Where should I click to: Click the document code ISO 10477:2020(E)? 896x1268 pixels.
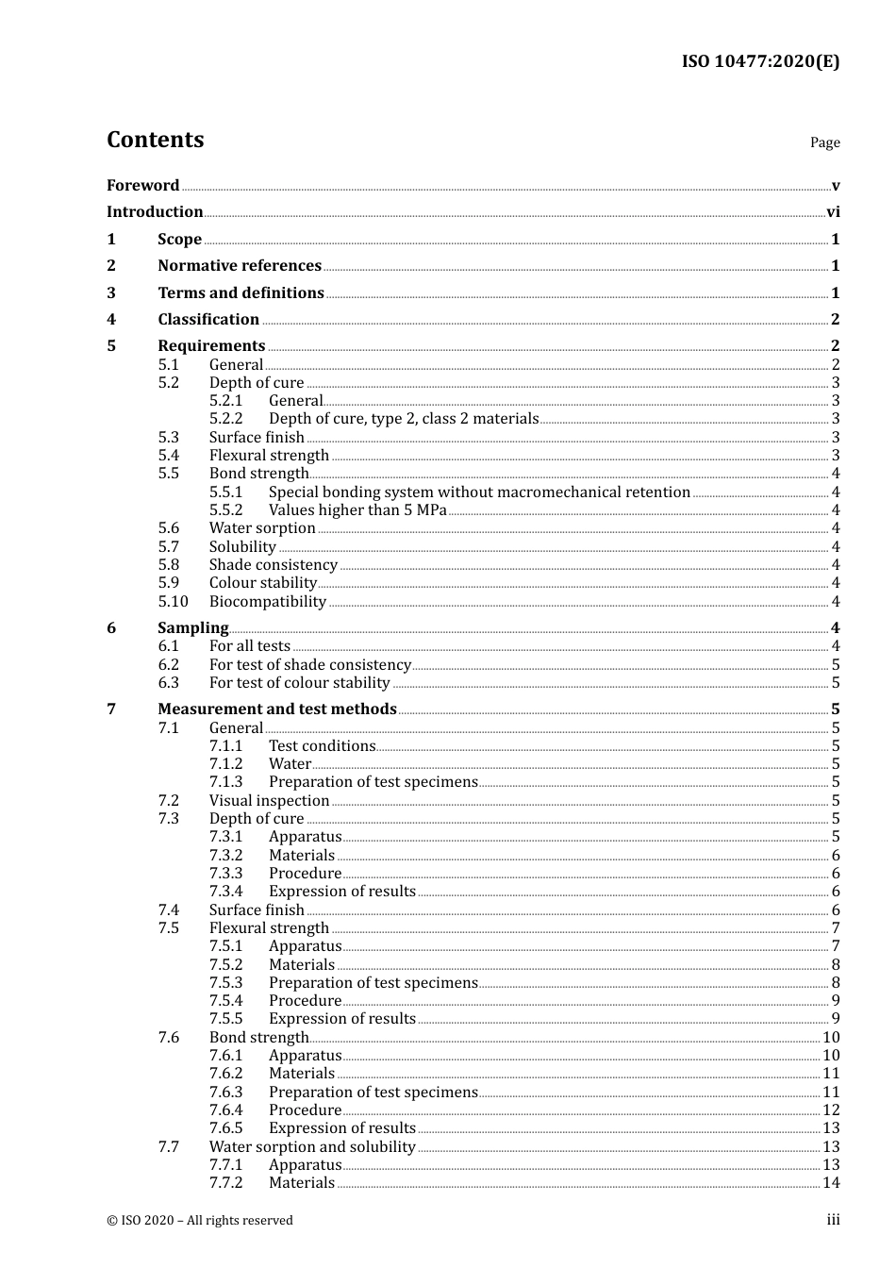(x=760, y=62)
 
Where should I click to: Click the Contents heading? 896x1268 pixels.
(x=155, y=140)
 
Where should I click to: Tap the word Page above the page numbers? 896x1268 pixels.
(x=824, y=142)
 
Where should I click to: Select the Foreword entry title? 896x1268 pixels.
(x=142, y=186)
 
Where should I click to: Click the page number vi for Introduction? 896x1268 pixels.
(x=833, y=212)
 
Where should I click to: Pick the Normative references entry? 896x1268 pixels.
(x=240, y=266)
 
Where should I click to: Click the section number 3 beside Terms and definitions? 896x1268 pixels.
(x=111, y=293)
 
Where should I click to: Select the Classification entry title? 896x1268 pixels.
(x=208, y=320)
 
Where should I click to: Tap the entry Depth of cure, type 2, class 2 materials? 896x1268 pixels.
(x=404, y=419)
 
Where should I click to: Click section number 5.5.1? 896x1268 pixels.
(x=226, y=492)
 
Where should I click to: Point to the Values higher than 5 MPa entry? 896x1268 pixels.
(x=357, y=510)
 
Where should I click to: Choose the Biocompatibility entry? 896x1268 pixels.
(x=268, y=602)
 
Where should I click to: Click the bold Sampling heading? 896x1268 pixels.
(x=193, y=628)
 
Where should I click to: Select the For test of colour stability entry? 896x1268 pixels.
(x=300, y=683)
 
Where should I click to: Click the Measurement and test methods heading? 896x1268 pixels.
(x=277, y=709)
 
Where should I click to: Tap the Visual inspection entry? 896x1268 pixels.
(x=270, y=801)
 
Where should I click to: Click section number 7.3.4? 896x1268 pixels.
(x=226, y=892)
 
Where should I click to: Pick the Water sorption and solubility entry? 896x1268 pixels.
(x=312, y=1147)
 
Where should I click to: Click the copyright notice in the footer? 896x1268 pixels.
(x=200, y=1221)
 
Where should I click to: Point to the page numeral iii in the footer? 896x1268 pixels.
(x=833, y=1220)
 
